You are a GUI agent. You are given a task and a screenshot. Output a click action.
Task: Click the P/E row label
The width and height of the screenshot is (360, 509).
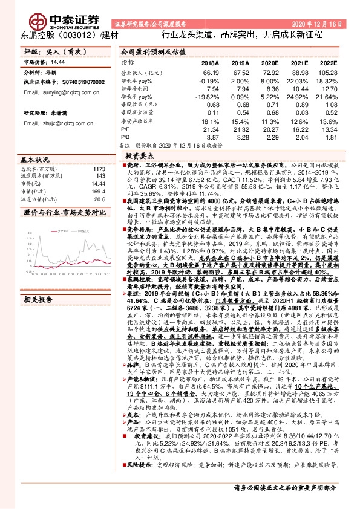[125, 129]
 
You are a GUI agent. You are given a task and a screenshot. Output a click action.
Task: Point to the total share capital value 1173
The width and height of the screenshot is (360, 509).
[99, 169]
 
